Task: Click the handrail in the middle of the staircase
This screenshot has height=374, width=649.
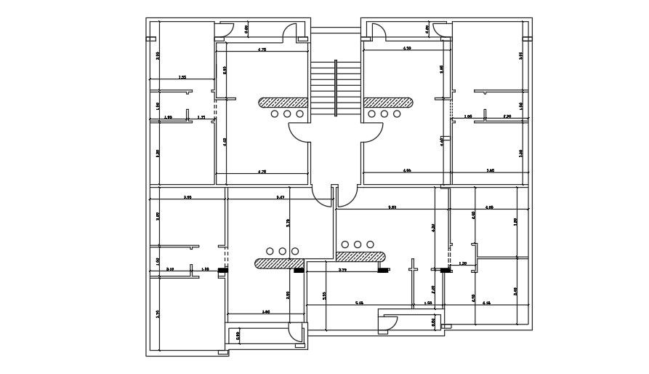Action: [x=336, y=88]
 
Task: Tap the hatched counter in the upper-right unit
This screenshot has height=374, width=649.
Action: [x=388, y=103]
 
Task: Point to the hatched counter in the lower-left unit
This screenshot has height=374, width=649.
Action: [x=277, y=261]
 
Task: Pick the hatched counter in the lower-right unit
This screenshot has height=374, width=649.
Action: [x=360, y=256]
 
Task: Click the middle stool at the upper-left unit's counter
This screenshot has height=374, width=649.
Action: [x=287, y=114]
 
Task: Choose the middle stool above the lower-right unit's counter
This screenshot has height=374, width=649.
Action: [x=358, y=244]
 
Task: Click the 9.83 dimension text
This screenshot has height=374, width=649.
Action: [x=392, y=207]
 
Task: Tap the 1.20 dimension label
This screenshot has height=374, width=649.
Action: [x=462, y=263]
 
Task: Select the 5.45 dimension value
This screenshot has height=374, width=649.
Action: [x=359, y=302]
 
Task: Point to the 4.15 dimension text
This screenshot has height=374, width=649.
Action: [x=486, y=302]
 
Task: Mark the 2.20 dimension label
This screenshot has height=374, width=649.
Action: [x=507, y=116]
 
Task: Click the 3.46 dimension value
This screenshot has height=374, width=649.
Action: [x=266, y=311]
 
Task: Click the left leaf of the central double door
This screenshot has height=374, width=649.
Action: [x=322, y=196]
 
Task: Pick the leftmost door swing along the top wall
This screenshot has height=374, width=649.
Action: [x=225, y=30]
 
